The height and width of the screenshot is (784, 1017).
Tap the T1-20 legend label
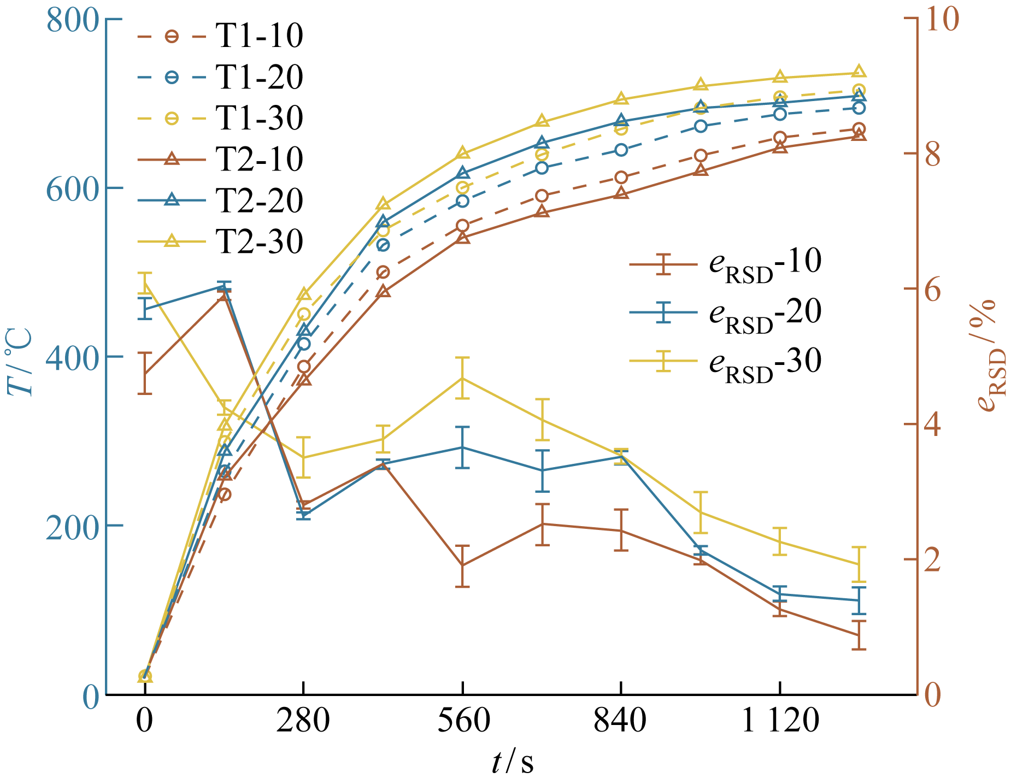259,77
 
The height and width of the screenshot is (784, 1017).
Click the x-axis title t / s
512,763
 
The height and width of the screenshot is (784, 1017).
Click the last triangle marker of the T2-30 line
859,72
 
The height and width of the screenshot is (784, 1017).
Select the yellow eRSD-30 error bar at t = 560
463,378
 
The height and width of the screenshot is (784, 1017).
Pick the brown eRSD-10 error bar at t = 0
144,374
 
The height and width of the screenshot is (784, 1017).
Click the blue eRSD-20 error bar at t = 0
144,309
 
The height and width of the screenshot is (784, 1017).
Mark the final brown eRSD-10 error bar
859,635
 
